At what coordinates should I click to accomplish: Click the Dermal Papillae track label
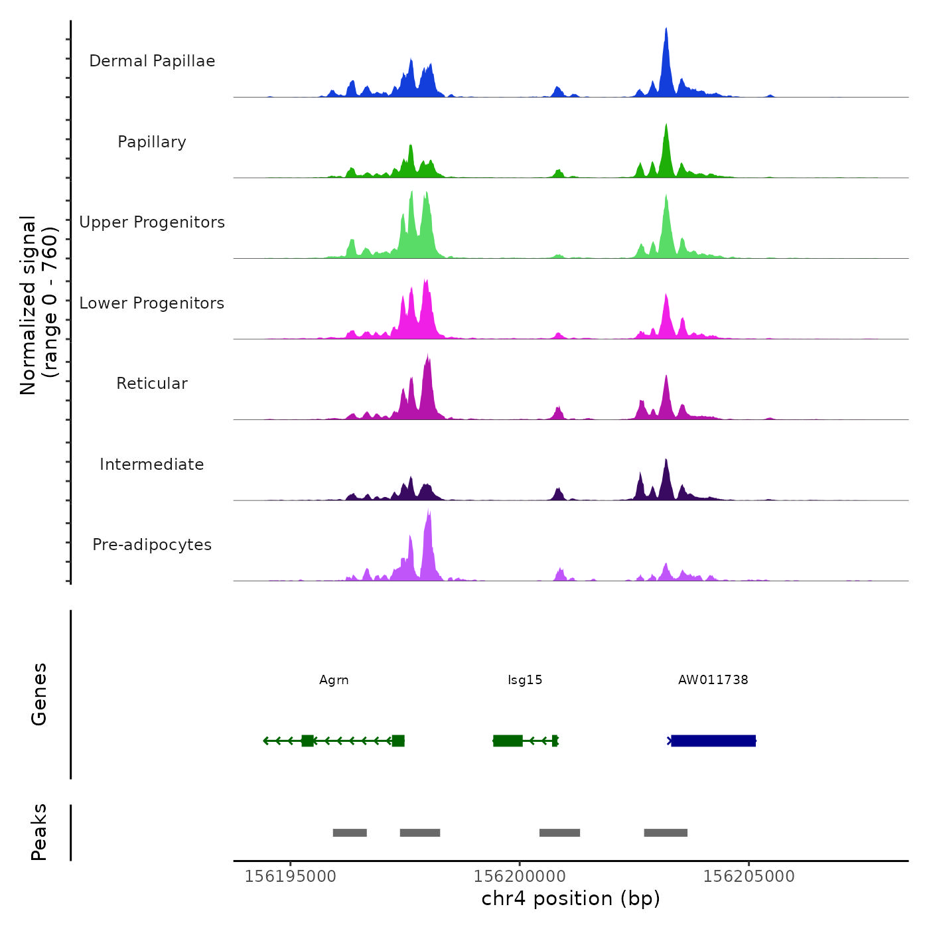coord(152,61)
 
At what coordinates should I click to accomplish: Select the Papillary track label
coord(152,142)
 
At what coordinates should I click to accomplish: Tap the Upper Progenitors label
coord(152,222)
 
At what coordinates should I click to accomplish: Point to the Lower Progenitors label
coord(152,303)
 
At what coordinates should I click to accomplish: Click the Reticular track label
coord(152,384)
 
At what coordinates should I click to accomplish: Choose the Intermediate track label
coord(152,464)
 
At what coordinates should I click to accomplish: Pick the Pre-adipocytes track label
coord(152,545)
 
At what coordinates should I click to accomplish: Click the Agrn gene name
coord(334,680)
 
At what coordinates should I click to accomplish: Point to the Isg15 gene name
coord(525,680)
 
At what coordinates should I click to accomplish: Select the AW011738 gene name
coord(713,680)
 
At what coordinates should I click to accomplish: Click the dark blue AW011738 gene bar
coord(713,741)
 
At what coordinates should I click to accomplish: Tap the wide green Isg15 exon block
coord(508,741)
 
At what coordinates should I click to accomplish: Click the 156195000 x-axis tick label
coord(291,877)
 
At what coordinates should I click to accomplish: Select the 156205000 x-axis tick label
coord(749,877)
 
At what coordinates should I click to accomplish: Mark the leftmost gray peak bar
coord(350,833)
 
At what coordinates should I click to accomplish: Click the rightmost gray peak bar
coord(666,833)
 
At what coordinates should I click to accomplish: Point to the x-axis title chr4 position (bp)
coord(571,899)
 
